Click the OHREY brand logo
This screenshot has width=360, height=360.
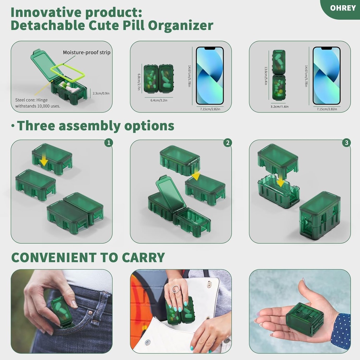click(343, 8)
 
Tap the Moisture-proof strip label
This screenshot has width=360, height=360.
click(86, 52)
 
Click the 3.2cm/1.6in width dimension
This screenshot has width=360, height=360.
click(279, 106)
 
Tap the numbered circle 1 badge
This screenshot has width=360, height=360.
click(109, 143)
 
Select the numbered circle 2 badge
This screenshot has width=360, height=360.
click(228, 143)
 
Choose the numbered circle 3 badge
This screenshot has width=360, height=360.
click(347, 143)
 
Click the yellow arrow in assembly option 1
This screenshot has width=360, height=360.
click(44, 161)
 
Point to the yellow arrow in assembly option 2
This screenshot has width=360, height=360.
click(195, 175)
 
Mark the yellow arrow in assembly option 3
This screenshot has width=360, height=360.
click(280, 181)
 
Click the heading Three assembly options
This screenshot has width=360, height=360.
click(95, 126)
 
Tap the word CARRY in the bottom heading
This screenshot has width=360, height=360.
click(143, 257)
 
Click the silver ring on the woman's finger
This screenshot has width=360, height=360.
click(176, 289)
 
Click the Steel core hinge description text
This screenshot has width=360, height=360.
click(38, 103)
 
